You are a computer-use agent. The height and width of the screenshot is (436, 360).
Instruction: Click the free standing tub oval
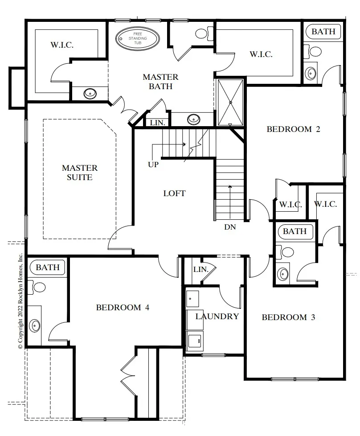[x=138, y=38]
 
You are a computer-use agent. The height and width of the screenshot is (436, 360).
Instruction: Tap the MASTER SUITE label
[x=80, y=173]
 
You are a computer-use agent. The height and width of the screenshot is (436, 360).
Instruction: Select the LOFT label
[x=174, y=193]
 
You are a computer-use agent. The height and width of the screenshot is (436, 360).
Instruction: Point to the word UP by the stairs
[x=153, y=165]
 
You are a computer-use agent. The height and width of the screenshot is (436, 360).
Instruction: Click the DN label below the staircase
[x=230, y=227]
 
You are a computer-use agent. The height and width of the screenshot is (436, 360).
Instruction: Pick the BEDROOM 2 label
[x=293, y=129]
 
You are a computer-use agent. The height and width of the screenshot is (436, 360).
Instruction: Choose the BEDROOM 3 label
[x=288, y=317]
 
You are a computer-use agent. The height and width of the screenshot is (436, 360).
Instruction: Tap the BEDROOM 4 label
[x=123, y=307]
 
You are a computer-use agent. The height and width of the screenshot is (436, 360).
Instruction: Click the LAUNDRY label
[x=217, y=316]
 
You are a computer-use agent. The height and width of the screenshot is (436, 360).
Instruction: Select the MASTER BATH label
[x=160, y=82]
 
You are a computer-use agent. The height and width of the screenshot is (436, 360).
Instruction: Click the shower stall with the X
[x=230, y=103]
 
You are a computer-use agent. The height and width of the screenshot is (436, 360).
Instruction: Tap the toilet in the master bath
[x=204, y=33]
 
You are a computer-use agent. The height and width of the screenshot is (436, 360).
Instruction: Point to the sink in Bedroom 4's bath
[x=35, y=325]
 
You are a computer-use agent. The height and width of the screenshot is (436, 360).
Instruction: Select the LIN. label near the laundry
[x=200, y=269]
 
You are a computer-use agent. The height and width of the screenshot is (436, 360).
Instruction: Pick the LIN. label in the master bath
[x=158, y=123]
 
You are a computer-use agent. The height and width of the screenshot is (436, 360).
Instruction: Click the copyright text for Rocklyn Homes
[x=20, y=301]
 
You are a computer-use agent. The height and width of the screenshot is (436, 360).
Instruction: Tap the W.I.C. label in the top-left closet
[x=62, y=45]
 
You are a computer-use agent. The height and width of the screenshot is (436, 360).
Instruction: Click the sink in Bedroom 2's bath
[x=310, y=74]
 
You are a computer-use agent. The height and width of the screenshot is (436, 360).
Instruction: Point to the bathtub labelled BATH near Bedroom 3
[x=295, y=231]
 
